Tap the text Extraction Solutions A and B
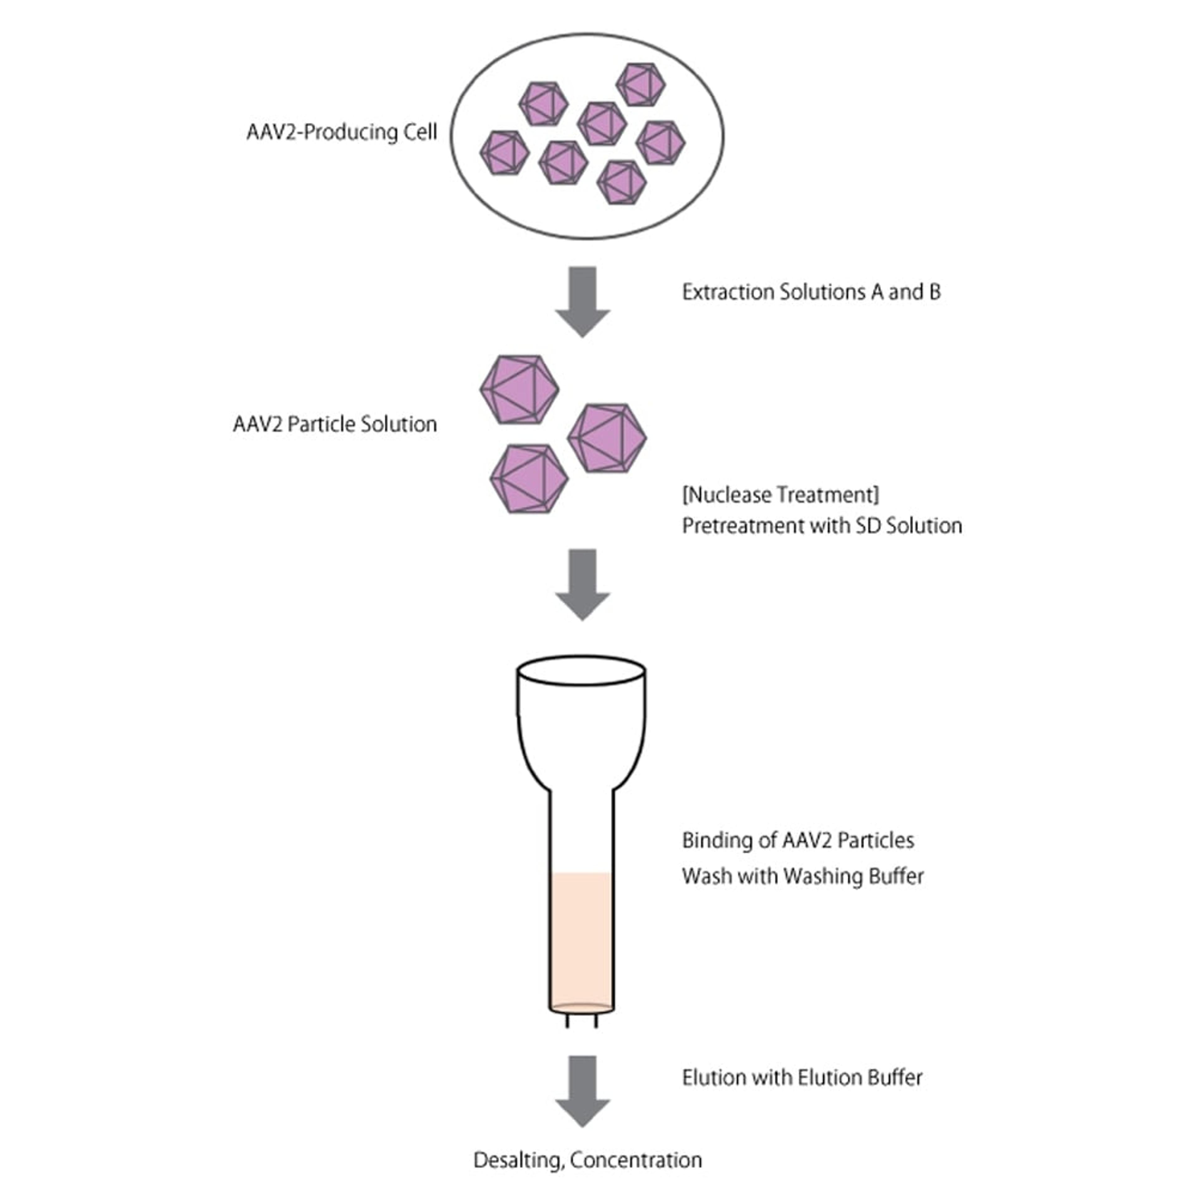coord(811,292)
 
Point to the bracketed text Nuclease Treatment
coord(780,495)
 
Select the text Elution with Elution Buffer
coord(802,1078)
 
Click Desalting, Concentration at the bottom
coord(587,1160)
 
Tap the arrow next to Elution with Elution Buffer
coord(582,1091)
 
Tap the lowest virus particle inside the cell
coord(622,183)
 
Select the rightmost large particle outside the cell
coord(607,438)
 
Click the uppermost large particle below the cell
coord(520,389)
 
